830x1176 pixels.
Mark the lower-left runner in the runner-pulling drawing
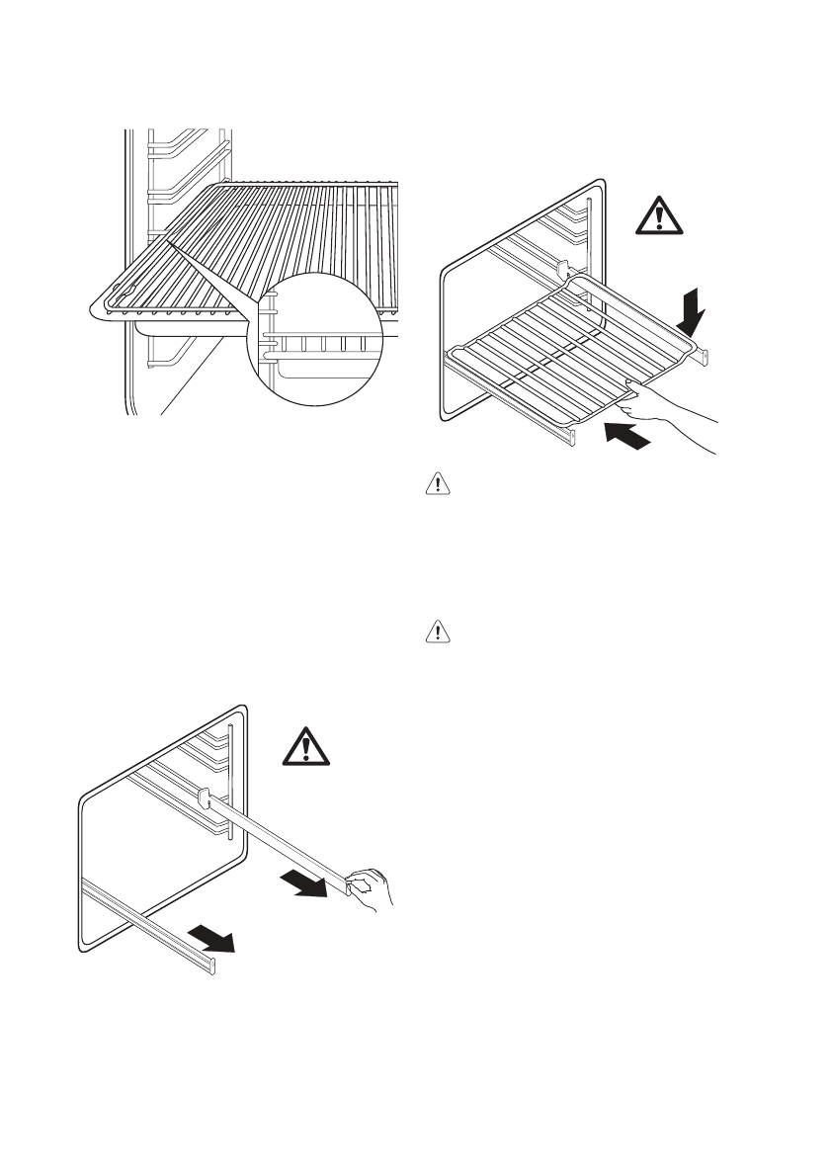(x=148, y=920)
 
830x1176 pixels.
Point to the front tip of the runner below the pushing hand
(x=571, y=435)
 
